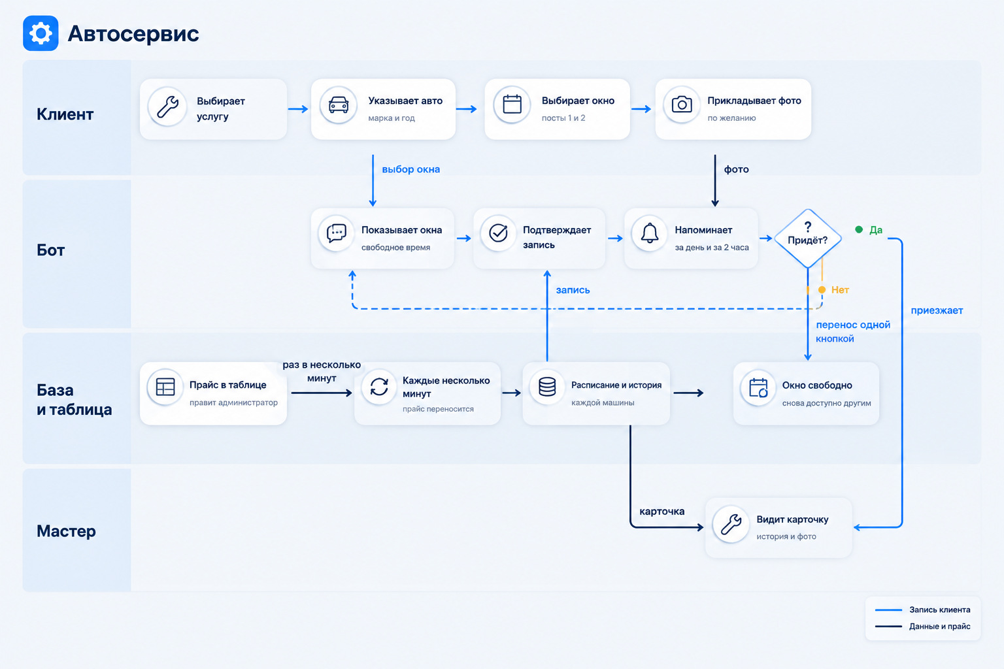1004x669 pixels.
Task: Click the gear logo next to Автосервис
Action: (x=41, y=33)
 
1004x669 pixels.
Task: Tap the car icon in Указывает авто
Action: (x=339, y=105)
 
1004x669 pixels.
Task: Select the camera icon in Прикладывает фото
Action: (x=682, y=105)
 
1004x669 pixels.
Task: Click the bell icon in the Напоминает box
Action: (x=650, y=233)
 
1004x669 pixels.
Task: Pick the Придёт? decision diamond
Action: (x=808, y=238)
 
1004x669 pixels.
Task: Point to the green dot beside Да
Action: (x=859, y=229)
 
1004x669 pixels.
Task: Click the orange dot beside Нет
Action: (x=822, y=290)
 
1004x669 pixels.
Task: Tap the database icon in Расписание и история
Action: (x=547, y=387)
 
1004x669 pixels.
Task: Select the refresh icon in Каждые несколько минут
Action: (x=379, y=387)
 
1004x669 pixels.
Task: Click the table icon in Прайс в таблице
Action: (x=165, y=387)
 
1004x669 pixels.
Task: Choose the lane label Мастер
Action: (x=66, y=531)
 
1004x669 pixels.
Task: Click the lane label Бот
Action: (x=50, y=250)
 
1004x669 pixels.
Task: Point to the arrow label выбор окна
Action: (x=411, y=169)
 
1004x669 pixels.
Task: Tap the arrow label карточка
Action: (x=662, y=512)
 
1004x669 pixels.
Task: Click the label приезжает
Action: (x=937, y=310)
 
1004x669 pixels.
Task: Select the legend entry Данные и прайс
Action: (x=923, y=627)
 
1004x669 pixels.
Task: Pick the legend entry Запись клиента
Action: (x=923, y=610)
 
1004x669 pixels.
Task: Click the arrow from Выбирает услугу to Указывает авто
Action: (x=298, y=109)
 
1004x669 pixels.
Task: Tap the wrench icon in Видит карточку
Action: (x=731, y=524)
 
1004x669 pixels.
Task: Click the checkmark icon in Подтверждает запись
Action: (x=499, y=233)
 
